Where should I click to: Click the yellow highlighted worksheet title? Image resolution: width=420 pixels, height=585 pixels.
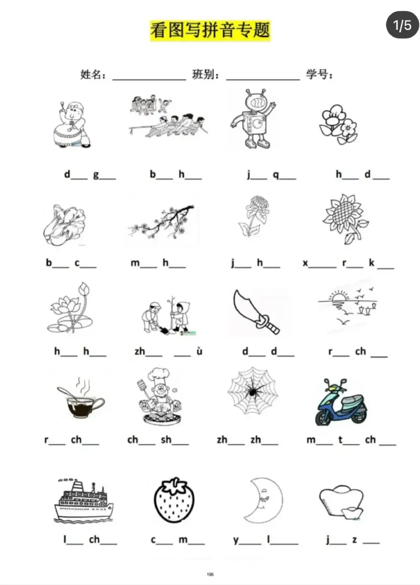pos(210,30)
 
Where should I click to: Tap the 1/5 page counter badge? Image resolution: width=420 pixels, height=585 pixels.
pos(402,25)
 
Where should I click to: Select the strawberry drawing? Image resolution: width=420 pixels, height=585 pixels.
pos(174,501)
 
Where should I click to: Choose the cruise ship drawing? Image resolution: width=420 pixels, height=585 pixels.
pos(83,500)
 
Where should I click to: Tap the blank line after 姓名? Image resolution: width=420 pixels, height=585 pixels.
pos(149,79)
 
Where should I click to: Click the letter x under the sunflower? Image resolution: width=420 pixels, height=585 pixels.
pos(306,263)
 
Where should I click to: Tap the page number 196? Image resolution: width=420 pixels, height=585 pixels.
pos(210,574)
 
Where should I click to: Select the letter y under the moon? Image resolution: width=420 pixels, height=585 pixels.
pos(236,540)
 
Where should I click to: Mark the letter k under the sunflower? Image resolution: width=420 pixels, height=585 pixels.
pos(372,263)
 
